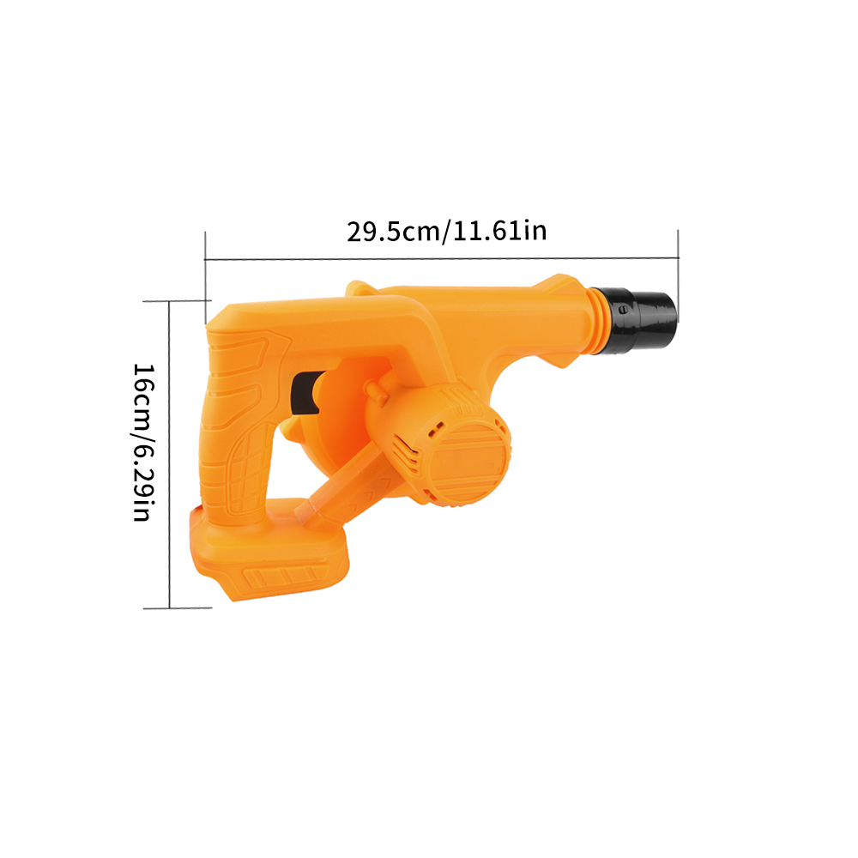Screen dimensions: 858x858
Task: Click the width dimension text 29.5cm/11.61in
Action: pyautogui.click(x=446, y=231)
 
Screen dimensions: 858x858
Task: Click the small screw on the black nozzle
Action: pyautogui.click(x=621, y=311)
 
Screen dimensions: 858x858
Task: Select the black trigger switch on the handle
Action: pyautogui.click(x=305, y=393)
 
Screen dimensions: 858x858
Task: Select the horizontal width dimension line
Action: pyautogui.click(x=442, y=258)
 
